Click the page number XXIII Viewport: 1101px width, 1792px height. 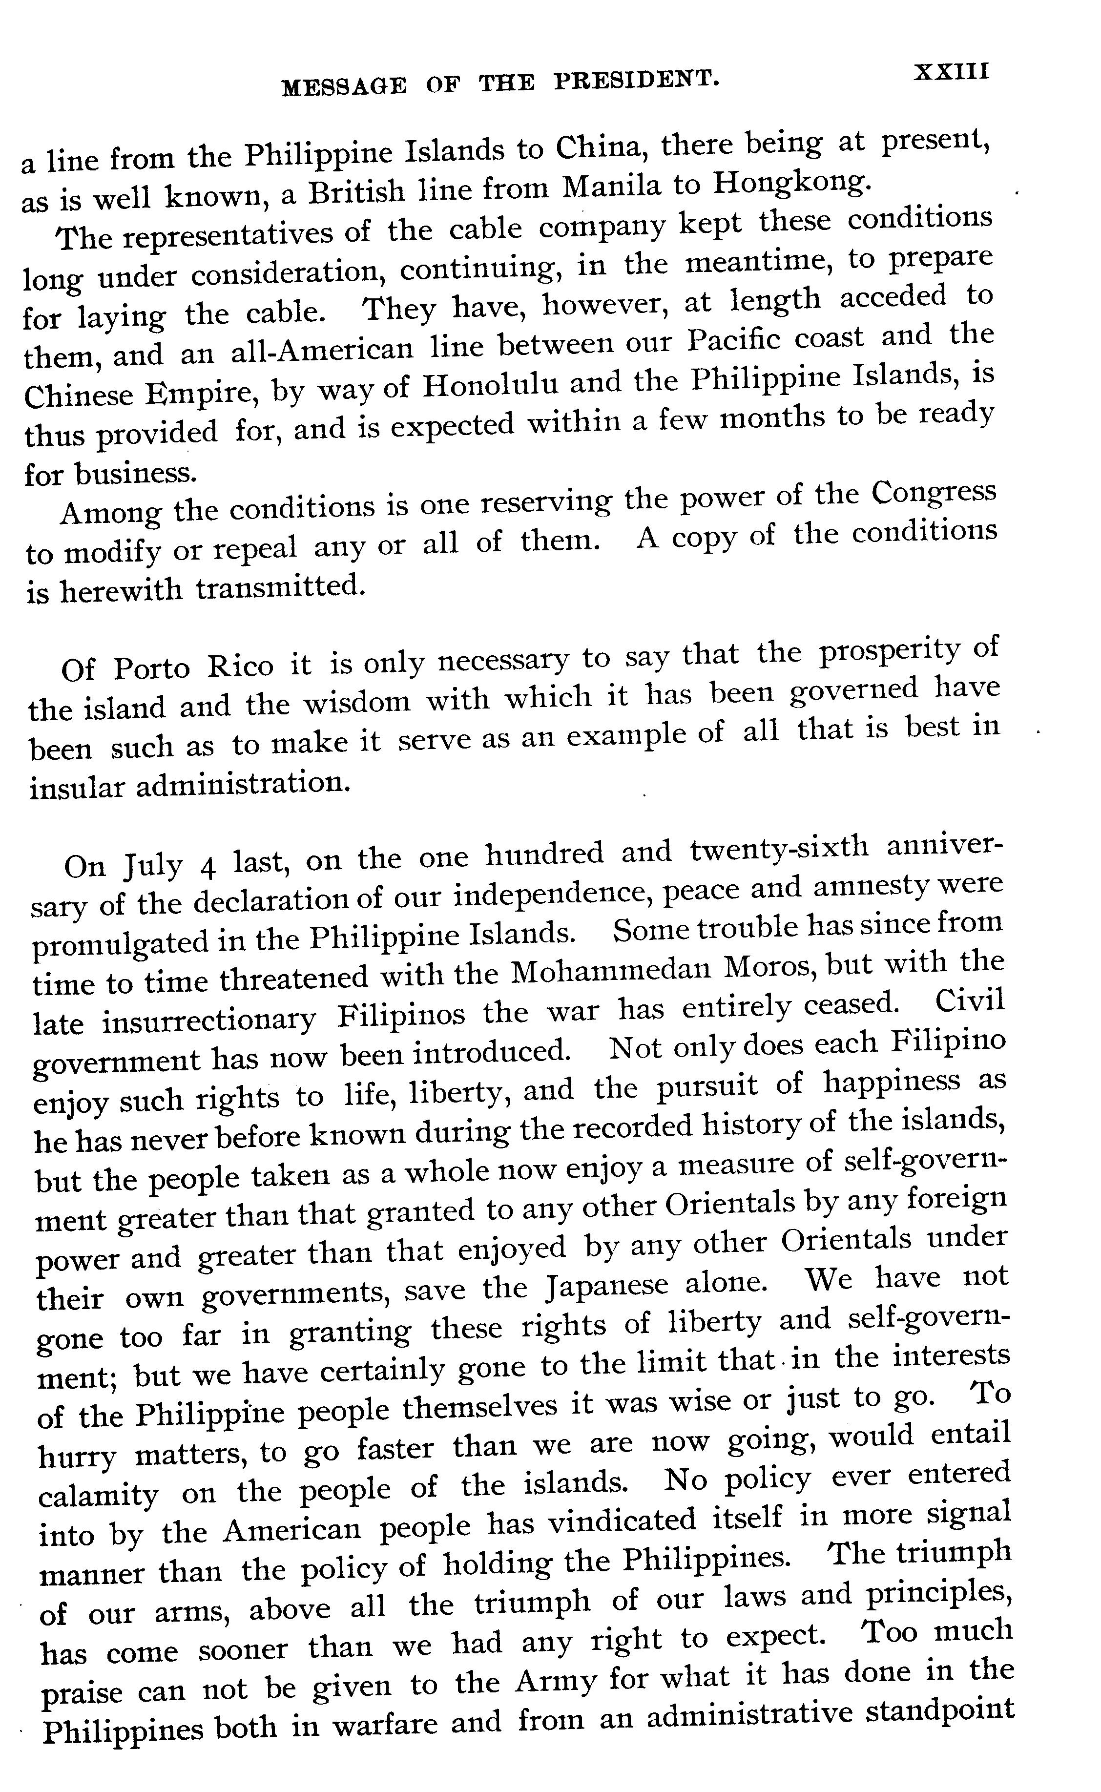tap(952, 72)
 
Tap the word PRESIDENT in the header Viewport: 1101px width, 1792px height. tap(636, 80)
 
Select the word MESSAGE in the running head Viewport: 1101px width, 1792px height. tap(344, 86)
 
